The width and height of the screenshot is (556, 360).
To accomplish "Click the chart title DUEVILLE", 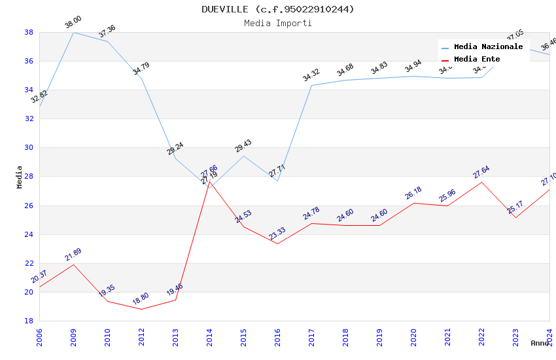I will (x=277, y=9).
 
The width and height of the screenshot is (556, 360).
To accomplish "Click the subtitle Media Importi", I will (x=277, y=24).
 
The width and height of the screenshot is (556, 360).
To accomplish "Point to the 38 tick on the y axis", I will (x=29, y=32).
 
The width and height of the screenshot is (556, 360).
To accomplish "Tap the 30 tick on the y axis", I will (x=29, y=148).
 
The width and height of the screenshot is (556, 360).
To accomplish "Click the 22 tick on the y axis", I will (x=29, y=263).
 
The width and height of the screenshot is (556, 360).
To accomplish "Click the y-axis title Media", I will (x=20, y=177).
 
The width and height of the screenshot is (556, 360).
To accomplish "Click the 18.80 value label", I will (x=141, y=300).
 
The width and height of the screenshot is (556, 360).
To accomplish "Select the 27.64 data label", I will (x=481, y=172).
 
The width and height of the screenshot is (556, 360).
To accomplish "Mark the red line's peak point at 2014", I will (x=209, y=181).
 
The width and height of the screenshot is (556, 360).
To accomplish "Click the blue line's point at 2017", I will (x=311, y=85).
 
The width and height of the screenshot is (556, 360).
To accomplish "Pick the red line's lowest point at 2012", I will (x=141, y=309).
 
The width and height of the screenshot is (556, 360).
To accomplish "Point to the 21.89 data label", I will (x=73, y=255).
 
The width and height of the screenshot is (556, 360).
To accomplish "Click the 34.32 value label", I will (x=311, y=75).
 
